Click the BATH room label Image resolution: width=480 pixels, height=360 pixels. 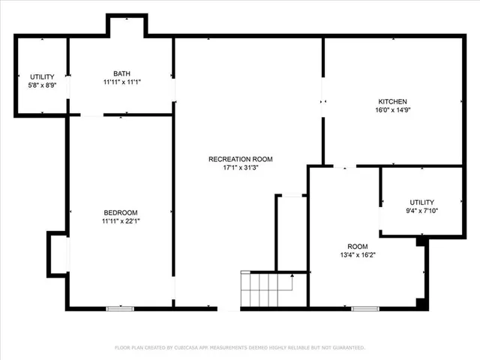[x=122, y=73]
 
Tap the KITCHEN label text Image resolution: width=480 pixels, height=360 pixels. [x=392, y=101]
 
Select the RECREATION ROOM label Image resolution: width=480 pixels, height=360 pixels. [x=240, y=159]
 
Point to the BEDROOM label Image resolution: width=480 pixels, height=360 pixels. [x=120, y=212]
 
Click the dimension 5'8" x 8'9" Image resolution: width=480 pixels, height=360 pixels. [x=41, y=85]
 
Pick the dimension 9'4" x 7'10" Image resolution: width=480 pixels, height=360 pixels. [x=421, y=211]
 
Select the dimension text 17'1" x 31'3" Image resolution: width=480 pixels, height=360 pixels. [x=240, y=168]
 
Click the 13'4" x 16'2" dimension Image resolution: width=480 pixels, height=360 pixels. [x=357, y=255]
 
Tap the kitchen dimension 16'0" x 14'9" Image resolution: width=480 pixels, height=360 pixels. [x=392, y=110]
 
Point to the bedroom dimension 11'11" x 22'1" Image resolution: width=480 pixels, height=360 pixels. [x=120, y=221]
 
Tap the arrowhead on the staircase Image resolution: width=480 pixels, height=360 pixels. [x=292, y=276]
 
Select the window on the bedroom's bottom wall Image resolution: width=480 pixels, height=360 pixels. [x=120, y=307]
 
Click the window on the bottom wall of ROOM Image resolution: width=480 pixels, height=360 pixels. [x=364, y=307]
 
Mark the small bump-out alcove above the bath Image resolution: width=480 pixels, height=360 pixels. [x=126, y=25]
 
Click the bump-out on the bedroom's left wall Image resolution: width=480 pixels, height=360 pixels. [x=58, y=253]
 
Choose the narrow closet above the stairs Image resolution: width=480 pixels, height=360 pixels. [x=291, y=232]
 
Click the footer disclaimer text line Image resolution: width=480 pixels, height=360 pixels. [x=240, y=347]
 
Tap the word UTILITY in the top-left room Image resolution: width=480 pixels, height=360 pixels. [x=41, y=77]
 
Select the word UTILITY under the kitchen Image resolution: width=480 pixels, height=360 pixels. [x=421, y=202]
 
